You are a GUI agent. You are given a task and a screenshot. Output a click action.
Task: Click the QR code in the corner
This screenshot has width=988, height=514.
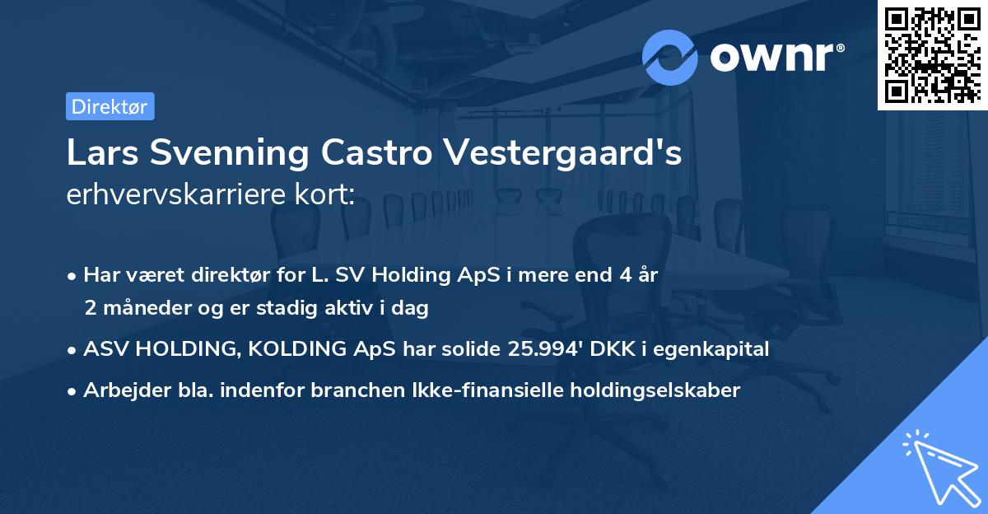point(932,55)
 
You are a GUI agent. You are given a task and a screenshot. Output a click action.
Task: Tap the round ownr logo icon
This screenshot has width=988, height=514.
point(670,57)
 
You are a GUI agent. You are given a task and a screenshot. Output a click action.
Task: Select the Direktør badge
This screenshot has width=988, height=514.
point(110,106)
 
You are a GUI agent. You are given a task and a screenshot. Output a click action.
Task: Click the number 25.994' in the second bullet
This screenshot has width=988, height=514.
point(543,349)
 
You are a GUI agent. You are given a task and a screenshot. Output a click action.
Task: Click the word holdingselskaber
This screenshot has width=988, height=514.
point(647,390)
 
